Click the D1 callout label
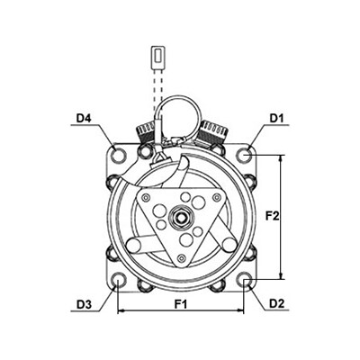[x=276, y=119]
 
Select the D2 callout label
[x=276, y=304]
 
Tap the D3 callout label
[x=84, y=304]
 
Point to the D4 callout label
[x=84, y=118]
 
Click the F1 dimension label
[x=181, y=304]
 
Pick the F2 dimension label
[x=273, y=216]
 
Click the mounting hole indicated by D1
[x=244, y=154]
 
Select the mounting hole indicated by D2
[x=244, y=280]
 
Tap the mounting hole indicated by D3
[x=118, y=280]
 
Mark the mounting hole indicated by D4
[x=118, y=154]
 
